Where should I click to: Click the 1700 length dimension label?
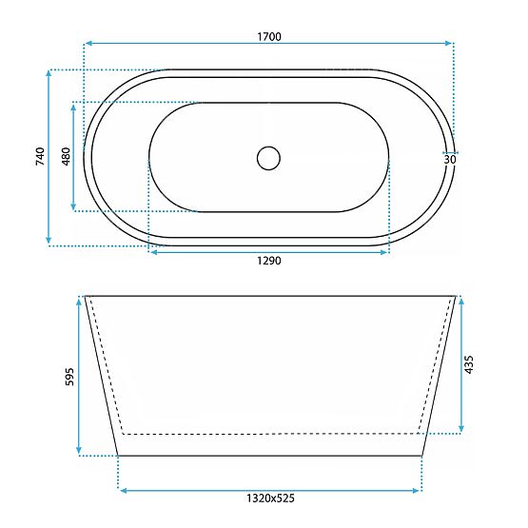(x=269, y=36)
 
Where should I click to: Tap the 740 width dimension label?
(x=40, y=156)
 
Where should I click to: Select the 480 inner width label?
(x=67, y=156)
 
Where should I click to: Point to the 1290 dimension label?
(x=269, y=261)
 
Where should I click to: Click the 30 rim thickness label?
(x=450, y=159)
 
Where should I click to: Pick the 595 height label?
(x=69, y=377)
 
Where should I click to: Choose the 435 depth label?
(x=468, y=364)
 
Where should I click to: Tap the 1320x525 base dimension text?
(x=270, y=498)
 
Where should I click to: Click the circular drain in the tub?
(x=268, y=158)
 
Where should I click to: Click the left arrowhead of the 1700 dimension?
(x=88, y=43)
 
